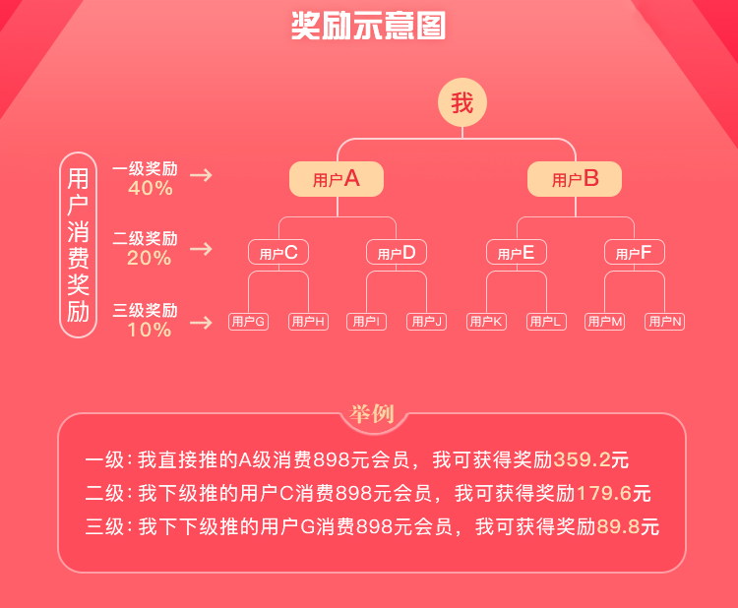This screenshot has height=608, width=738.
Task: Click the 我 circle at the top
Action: click(x=462, y=103)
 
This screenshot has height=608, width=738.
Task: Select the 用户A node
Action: click(x=337, y=179)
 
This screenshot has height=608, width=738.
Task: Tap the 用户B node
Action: click(x=575, y=179)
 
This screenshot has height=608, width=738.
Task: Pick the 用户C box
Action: click(x=278, y=253)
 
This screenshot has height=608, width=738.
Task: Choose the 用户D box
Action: click(x=397, y=253)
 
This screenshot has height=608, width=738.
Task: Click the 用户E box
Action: click(x=516, y=253)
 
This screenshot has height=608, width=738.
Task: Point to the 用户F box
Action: click(x=635, y=253)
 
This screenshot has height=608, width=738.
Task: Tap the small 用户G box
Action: click(x=248, y=322)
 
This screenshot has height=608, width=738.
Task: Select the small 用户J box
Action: click(x=427, y=322)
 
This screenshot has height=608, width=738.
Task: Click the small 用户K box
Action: click(x=486, y=322)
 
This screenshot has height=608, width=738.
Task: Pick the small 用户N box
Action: click(x=664, y=322)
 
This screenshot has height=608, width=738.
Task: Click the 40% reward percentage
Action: click(x=150, y=188)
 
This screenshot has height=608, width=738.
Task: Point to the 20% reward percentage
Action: click(x=150, y=259)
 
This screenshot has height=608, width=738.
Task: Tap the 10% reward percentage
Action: click(x=150, y=331)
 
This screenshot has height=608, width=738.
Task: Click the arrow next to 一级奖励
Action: click(x=201, y=176)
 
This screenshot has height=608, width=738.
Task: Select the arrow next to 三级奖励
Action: click(x=201, y=323)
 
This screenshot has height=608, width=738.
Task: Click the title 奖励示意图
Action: click(x=369, y=26)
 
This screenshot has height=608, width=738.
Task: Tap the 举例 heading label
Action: click(x=371, y=414)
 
